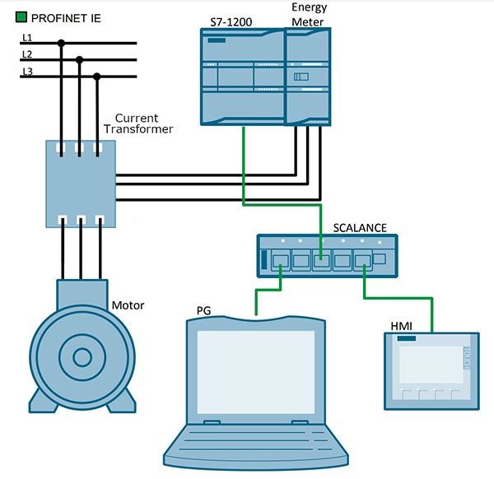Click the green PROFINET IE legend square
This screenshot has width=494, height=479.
tap(21, 16)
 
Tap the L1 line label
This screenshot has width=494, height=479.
tap(27, 38)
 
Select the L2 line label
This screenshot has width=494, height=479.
tap(27, 54)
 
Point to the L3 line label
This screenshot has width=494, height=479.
tap(27, 72)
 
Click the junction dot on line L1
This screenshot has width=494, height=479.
tap(61, 43)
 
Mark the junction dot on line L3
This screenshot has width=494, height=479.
tap(97, 77)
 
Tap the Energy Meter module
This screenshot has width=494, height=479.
tap(309, 79)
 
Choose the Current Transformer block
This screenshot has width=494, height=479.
tap(79, 182)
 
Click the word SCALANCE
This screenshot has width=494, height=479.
tap(359, 227)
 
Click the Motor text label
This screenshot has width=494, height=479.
tap(128, 305)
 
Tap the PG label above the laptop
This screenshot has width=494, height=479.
tap(204, 310)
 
